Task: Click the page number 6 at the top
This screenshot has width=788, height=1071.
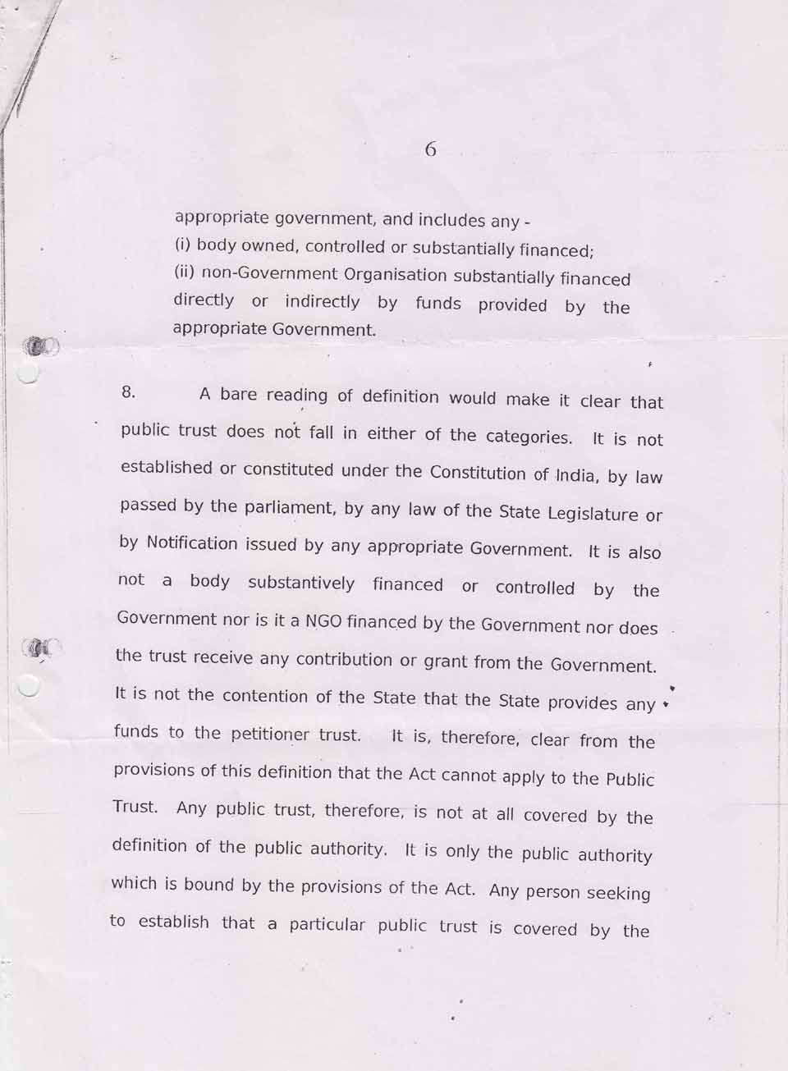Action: point(431,149)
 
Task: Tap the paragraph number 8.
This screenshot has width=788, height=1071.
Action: point(128,391)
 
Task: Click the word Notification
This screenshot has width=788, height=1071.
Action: point(192,543)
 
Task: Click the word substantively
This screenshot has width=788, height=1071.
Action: point(301,584)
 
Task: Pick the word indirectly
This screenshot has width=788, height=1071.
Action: point(322,301)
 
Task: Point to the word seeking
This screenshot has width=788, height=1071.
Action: point(618,893)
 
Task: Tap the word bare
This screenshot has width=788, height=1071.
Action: point(239,395)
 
